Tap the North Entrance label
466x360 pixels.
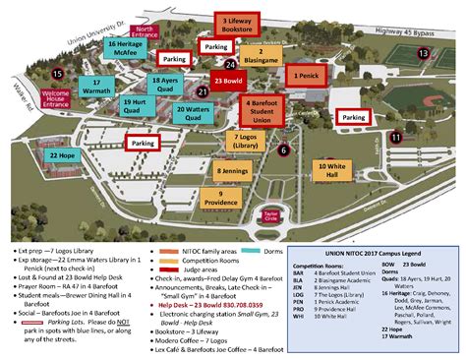[146, 32]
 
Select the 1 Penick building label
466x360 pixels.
[304, 74]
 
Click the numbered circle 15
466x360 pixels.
[59, 73]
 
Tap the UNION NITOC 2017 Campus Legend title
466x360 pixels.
[373, 226]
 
